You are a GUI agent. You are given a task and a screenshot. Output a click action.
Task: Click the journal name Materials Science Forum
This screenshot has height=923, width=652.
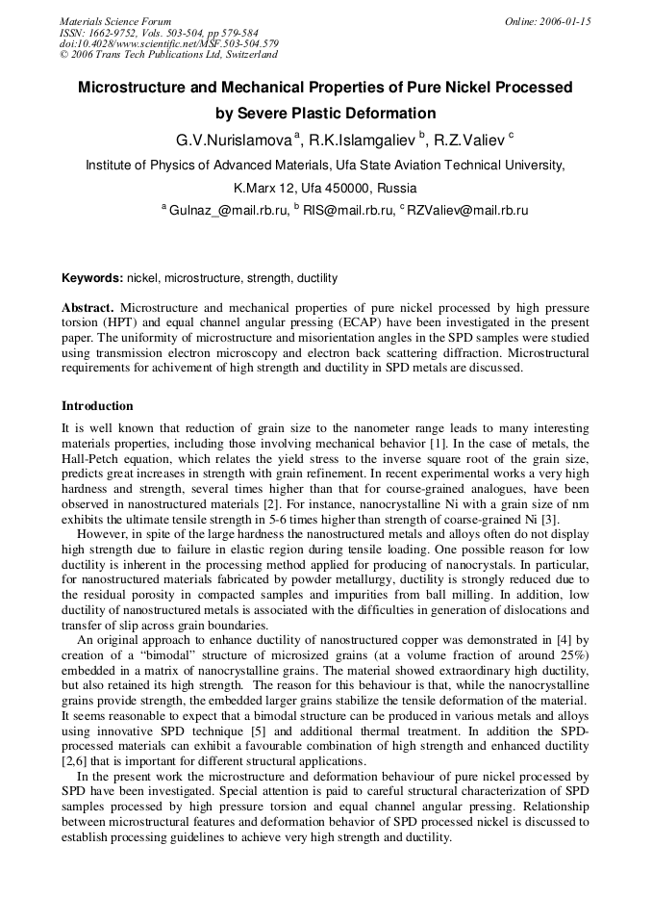(x=115, y=21)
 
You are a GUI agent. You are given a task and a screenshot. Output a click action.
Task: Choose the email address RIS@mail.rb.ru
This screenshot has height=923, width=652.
(x=348, y=210)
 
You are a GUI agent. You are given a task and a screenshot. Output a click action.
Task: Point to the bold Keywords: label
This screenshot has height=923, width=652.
(x=92, y=278)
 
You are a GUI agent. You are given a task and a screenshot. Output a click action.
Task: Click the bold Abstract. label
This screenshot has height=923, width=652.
(x=88, y=308)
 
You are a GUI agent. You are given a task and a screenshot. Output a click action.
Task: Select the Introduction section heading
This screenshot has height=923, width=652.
(x=97, y=406)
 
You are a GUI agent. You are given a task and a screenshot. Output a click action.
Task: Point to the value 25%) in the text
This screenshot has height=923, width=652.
(x=569, y=654)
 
